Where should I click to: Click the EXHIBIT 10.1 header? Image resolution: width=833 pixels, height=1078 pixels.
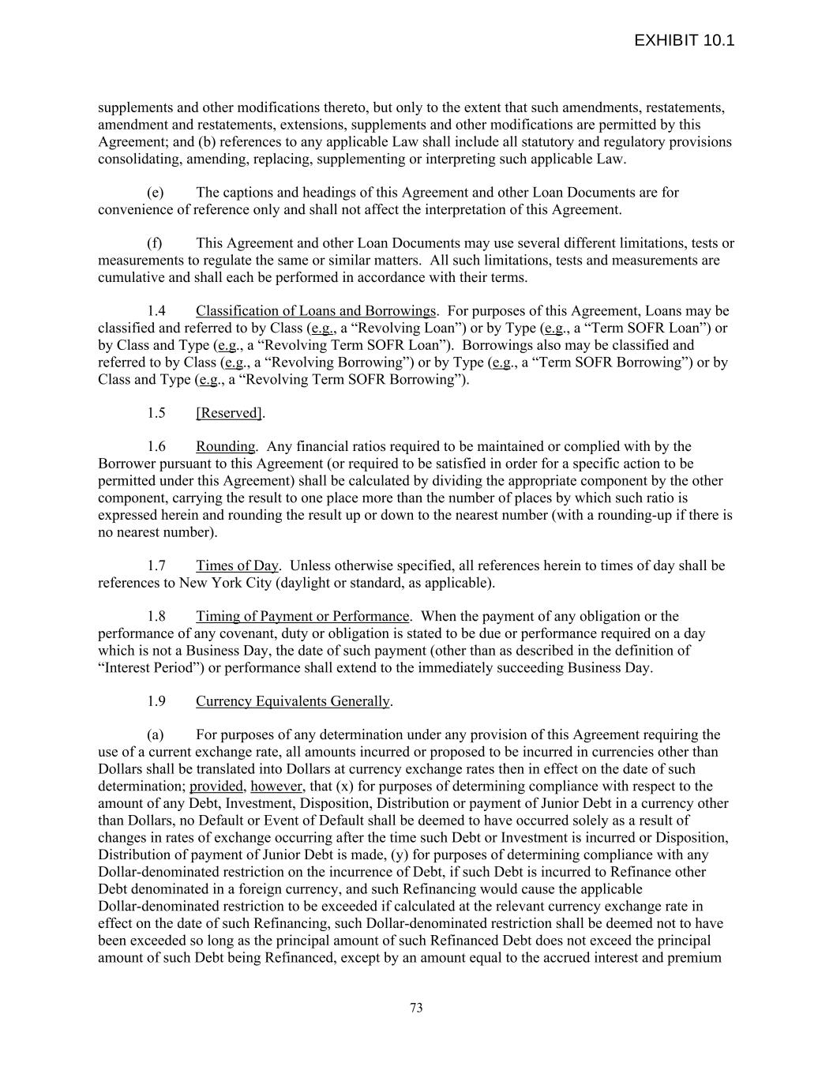(684, 40)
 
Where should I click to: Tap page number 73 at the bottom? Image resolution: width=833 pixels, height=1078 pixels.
(416, 1008)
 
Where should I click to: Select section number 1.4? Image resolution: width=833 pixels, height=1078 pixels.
(156, 310)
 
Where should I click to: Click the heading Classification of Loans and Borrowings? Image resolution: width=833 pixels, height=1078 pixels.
(316, 310)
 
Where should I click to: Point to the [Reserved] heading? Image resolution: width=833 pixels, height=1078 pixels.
(229, 413)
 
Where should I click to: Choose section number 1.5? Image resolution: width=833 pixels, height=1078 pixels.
(156, 413)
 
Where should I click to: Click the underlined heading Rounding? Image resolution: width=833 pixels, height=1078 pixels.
(226, 446)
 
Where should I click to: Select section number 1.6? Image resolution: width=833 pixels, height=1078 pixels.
(156, 446)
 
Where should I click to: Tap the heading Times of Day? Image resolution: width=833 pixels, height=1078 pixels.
(237, 565)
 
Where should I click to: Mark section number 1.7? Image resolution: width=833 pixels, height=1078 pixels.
(156, 565)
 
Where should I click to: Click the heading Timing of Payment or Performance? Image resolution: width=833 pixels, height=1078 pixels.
(302, 616)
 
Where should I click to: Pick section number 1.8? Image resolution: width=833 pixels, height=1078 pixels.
(156, 616)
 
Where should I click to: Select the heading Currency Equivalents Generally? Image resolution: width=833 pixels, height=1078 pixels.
(293, 701)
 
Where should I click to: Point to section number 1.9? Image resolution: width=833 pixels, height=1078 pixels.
(156, 701)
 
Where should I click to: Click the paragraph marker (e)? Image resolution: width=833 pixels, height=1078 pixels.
(156, 193)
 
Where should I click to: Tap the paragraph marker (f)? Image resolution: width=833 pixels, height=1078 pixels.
(155, 243)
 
